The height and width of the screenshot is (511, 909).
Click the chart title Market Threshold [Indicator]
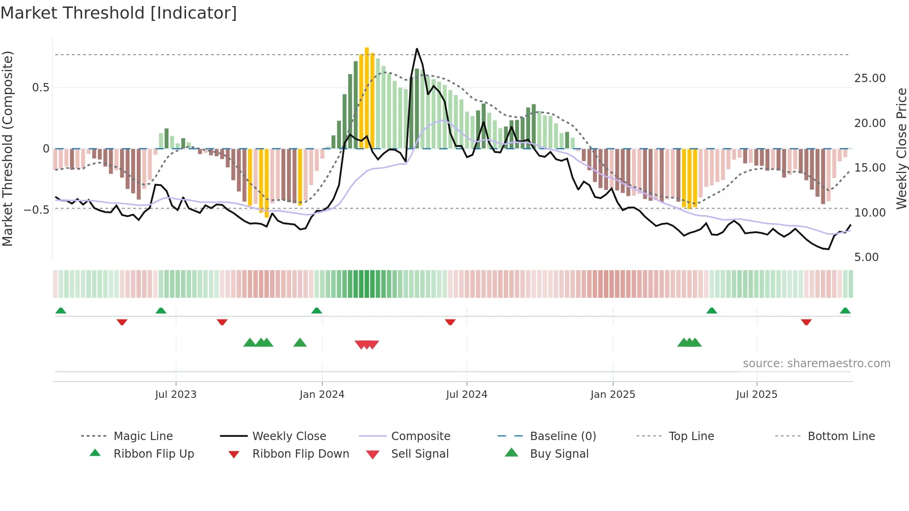tap(119, 13)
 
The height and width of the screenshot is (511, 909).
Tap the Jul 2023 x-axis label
tap(176, 395)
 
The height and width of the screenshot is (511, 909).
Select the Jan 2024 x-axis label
tap(322, 395)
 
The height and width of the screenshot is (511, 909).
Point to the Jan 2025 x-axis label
tap(613, 395)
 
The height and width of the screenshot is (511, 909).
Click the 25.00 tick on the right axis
tap(870, 78)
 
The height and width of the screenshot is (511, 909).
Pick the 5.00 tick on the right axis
tap(866, 257)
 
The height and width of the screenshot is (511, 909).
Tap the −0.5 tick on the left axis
tap(36, 210)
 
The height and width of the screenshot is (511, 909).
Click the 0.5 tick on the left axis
tap(40, 88)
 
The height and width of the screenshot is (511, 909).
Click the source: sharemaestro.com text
tap(816, 364)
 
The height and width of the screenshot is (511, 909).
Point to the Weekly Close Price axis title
tap(901, 148)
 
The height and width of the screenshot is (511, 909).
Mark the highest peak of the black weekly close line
tap(416, 49)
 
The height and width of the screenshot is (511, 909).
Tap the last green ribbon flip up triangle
tap(845, 311)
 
